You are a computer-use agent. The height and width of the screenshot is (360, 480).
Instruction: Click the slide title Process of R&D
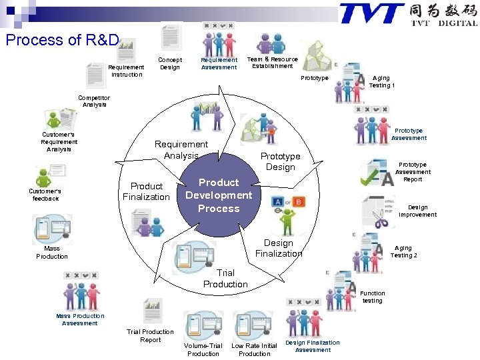click(x=62, y=40)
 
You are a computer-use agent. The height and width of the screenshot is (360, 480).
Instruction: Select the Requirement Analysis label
click(x=181, y=150)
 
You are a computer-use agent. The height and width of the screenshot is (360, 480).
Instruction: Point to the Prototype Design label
click(x=280, y=161)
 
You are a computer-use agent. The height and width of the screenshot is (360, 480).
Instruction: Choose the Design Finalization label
click(x=279, y=248)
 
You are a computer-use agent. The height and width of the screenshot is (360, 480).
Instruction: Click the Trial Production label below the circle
click(x=225, y=279)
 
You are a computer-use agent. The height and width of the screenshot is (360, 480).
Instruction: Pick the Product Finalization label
click(x=146, y=191)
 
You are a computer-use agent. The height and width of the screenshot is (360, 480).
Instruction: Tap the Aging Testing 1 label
click(x=382, y=81)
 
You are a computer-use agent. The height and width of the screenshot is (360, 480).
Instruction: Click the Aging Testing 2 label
click(x=403, y=251)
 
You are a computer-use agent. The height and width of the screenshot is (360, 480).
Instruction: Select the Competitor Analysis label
click(x=94, y=101)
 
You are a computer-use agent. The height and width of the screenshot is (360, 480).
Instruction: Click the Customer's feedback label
click(x=44, y=195)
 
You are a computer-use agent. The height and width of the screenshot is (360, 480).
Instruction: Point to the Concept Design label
click(x=170, y=63)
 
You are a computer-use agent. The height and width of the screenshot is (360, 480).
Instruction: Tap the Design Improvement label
click(x=418, y=211)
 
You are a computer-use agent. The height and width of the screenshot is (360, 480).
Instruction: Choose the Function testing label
click(x=373, y=297)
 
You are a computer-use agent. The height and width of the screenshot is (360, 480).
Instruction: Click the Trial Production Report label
click(x=150, y=335)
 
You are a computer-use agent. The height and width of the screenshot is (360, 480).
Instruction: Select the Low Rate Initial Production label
click(x=254, y=349)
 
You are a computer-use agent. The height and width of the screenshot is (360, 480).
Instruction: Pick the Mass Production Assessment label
click(x=80, y=319)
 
